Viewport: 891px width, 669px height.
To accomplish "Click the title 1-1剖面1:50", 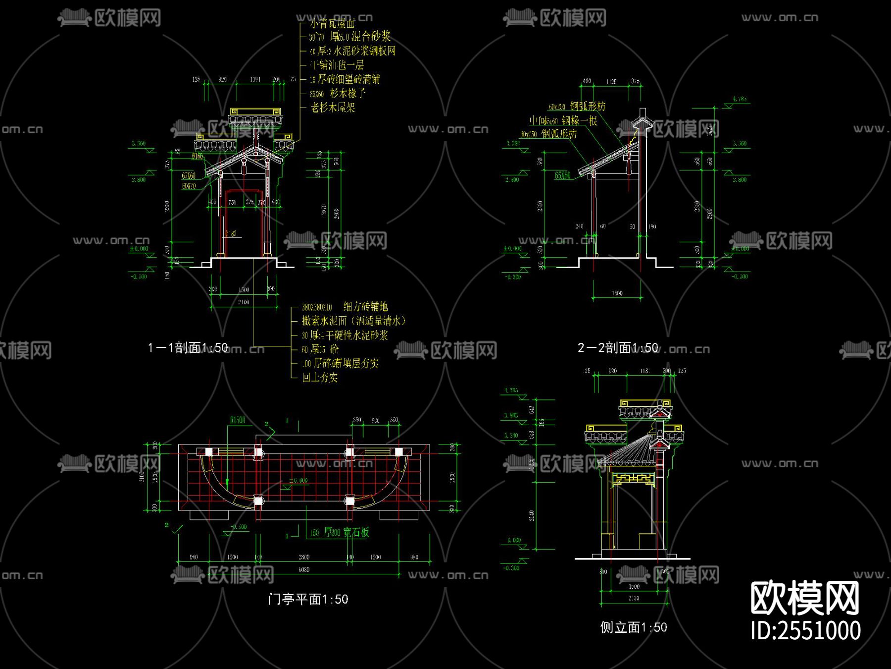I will tap(188, 347).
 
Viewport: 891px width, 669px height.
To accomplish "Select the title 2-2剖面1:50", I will tap(618, 347).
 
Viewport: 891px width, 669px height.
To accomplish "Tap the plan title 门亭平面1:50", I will tap(308, 599).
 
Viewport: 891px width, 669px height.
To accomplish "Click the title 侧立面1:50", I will tap(633, 627).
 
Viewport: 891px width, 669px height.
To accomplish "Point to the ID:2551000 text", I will tap(805, 630).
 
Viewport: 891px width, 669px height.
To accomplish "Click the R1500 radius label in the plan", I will tap(238, 420).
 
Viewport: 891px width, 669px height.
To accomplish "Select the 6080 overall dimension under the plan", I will tap(304, 569).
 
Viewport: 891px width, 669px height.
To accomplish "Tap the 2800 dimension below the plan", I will tap(304, 557).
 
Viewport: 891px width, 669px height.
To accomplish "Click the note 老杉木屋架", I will tap(333, 108).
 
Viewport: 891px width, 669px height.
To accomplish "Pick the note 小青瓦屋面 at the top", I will tap(333, 23).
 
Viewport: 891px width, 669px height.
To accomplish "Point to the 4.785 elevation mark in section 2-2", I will tap(740, 99).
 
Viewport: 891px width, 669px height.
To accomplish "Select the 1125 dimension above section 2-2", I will tap(611, 81).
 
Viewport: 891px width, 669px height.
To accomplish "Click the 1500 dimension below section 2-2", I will tap(617, 293).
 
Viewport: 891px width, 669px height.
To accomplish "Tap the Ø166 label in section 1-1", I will tap(198, 156).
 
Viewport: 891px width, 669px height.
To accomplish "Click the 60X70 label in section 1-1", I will tap(189, 186).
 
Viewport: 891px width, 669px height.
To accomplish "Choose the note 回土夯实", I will tap(320, 378).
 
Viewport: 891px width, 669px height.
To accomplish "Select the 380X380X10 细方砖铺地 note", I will tap(345, 307).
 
